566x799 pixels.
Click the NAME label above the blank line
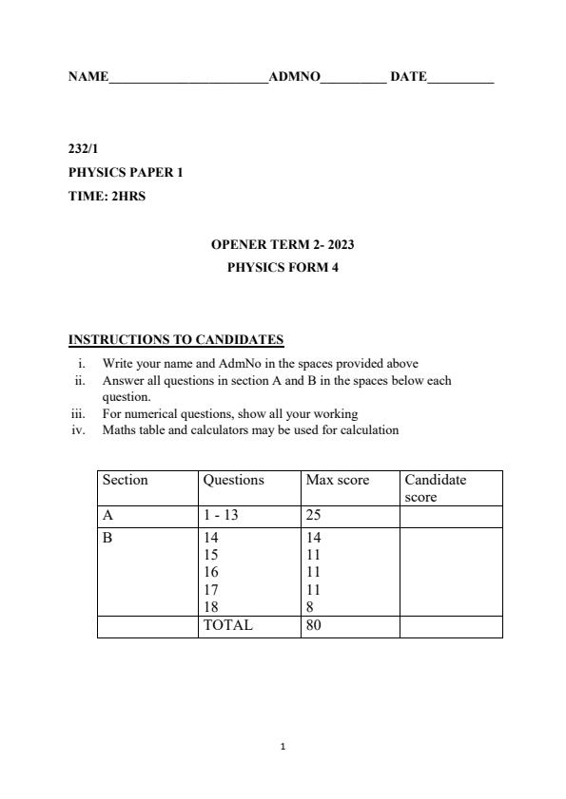point(88,77)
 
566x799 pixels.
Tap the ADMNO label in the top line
point(295,77)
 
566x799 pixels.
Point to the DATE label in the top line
point(408,77)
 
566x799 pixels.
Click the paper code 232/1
point(83,149)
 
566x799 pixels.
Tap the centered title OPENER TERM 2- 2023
point(283,245)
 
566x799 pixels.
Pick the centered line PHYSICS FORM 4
point(283,268)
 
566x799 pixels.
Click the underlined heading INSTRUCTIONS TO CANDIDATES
point(176,340)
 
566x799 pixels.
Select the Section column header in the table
point(126,481)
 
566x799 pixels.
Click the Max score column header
point(337,481)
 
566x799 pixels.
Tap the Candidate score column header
point(436,488)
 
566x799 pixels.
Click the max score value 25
point(315,516)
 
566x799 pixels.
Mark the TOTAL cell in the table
point(228,626)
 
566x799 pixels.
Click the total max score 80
point(315,626)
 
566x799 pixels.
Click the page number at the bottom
point(283,747)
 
